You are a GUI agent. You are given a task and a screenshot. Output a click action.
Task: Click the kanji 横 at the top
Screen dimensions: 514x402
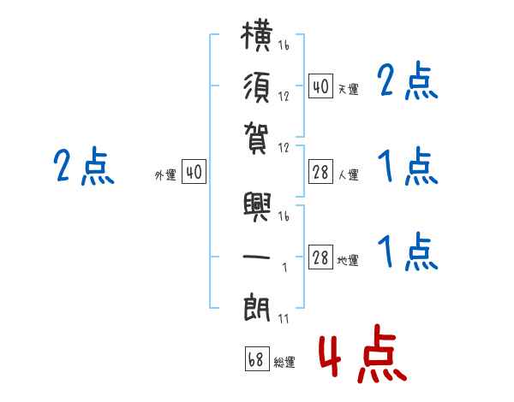pos(256,36)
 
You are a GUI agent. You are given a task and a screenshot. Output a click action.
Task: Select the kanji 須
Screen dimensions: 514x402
pos(256,88)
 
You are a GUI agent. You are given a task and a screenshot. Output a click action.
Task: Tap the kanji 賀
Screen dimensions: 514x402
pos(256,139)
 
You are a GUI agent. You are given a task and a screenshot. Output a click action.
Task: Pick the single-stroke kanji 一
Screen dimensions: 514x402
pos(256,257)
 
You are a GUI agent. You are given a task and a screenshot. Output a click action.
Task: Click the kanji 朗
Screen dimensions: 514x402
pos(256,308)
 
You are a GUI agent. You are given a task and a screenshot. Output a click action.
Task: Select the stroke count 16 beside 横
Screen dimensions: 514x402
pos(284,44)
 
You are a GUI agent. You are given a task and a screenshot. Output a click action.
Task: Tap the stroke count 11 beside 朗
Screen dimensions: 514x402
pos(284,318)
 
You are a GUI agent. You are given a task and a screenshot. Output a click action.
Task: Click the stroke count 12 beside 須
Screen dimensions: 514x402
pos(284,96)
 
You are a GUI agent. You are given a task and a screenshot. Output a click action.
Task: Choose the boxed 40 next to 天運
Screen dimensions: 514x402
pos(320,86)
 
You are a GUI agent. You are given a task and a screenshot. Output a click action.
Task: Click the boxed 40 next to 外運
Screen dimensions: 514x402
pos(194,171)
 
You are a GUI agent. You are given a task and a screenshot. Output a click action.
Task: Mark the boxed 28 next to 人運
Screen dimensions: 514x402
pos(320,172)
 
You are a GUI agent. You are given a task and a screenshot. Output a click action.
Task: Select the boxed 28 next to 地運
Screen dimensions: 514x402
pos(320,257)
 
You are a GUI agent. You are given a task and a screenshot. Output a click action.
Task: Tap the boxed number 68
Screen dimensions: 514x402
pos(257,358)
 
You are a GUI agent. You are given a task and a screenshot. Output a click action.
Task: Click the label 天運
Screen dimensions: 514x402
pos(349,89)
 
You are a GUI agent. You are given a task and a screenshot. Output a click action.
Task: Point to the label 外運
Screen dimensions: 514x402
pos(165,174)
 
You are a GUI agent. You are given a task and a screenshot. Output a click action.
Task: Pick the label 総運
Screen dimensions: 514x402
pos(284,362)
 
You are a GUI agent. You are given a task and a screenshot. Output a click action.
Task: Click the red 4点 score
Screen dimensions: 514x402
pos(363,354)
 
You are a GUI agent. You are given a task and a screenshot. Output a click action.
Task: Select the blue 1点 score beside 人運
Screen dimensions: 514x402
pos(408,166)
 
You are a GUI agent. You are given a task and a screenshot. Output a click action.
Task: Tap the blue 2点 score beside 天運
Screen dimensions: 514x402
pos(408,80)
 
